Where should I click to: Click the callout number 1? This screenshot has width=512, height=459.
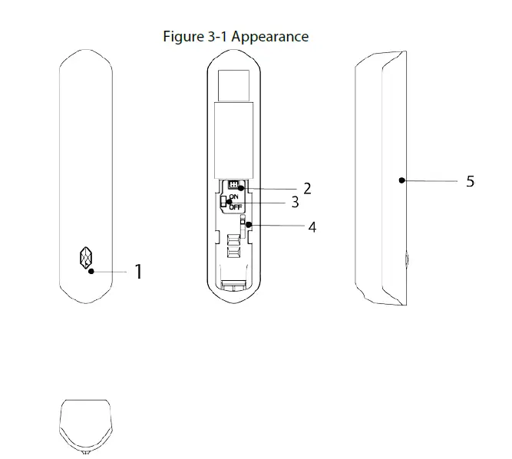click(x=138, y=272)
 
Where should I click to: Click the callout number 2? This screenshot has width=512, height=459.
click(x=307, y=188)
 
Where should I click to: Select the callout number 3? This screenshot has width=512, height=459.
click(x=295, y=203)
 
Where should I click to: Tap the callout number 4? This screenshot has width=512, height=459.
click(x=312, y=227)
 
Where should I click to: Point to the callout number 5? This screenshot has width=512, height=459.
click(x=471, y=182)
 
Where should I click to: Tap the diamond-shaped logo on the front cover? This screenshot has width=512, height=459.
click(x=86, y=258)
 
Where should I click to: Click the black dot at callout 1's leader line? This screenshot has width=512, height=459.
click(x=91, y=271)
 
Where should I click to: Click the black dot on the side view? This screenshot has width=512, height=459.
click(x=401, y=181)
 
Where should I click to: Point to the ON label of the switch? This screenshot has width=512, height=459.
click(x=233, y=197)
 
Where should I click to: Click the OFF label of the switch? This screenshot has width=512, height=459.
click(x=235, y=206)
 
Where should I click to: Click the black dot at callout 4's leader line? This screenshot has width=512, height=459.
click(x=248, y=225)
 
